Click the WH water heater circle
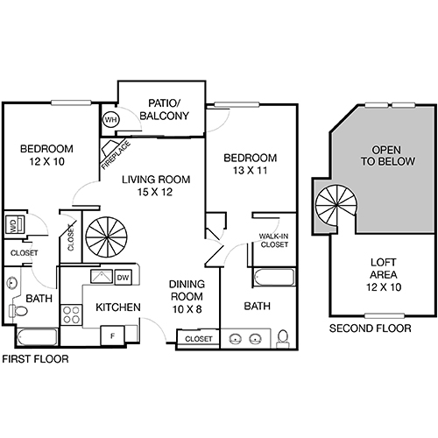click(x=111, y=119)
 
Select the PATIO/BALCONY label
click(x=163, y=108)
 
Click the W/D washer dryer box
click(x=15, y=225)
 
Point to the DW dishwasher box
click(x=124, y=278)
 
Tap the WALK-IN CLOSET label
click(x=274, y=240)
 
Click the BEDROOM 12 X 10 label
click(x=46, y=155)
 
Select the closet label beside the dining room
click(x=199, y=337)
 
